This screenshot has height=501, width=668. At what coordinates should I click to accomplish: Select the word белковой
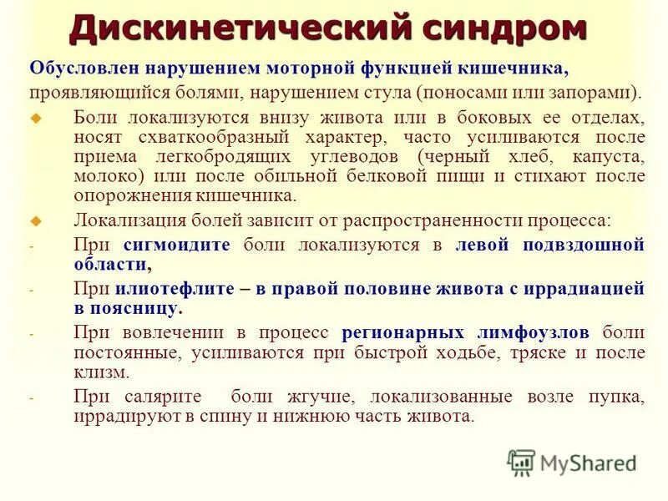381,176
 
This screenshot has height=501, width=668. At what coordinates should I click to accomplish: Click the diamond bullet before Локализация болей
35,221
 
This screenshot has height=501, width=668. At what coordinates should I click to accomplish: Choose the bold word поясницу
141,308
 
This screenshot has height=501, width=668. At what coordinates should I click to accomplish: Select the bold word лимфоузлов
539,332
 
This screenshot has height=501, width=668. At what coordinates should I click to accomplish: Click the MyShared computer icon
521,463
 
